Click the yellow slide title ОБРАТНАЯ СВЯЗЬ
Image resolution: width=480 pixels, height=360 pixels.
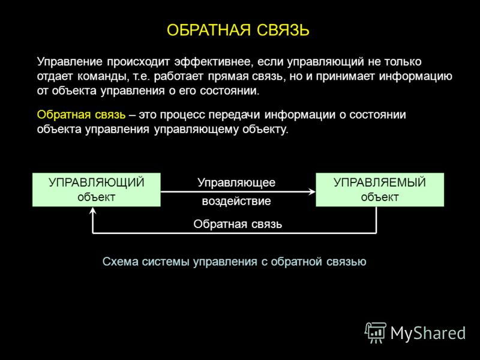[x=238, y=30]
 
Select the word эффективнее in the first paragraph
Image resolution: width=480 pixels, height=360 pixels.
[x=214, y=62]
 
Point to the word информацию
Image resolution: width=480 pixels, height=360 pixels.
[x=415, y=77]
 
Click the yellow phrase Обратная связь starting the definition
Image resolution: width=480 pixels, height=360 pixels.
[x=81, y=115]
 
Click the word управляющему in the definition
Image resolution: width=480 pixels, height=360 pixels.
[x=196, y=130]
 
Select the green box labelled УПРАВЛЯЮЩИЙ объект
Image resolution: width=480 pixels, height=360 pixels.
[x=97, y=190]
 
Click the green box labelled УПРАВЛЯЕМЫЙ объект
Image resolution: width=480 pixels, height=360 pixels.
[x=380, y=190]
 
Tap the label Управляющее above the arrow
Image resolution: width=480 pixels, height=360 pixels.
[x=236, y=183]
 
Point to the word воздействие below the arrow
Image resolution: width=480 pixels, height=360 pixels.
[x=236, y=201]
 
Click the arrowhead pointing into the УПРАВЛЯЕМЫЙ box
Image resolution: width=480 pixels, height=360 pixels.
[x=312, y=192]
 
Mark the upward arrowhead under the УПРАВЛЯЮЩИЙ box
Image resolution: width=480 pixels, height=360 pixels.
[x=93, y=211]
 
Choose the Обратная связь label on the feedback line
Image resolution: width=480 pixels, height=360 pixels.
[x=238, y=224]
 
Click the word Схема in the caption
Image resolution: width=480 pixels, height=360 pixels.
[x=120, y=262]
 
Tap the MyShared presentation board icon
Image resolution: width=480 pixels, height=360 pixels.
[x=376, y=333]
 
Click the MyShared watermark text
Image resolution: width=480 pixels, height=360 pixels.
[x=428, y=333]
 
